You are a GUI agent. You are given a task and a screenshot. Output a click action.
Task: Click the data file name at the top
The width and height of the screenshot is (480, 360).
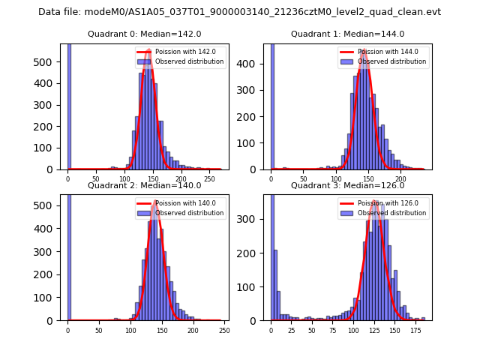click(239, 12)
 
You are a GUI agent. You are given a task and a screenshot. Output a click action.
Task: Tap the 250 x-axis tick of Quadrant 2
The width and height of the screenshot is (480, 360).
click(223, 330)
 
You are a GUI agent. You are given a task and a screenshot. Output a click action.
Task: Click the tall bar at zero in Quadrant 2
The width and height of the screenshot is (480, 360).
click(69, 255)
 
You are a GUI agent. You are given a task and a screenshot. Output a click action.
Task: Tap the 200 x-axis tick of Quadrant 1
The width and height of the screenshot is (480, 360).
click(400, 178)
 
